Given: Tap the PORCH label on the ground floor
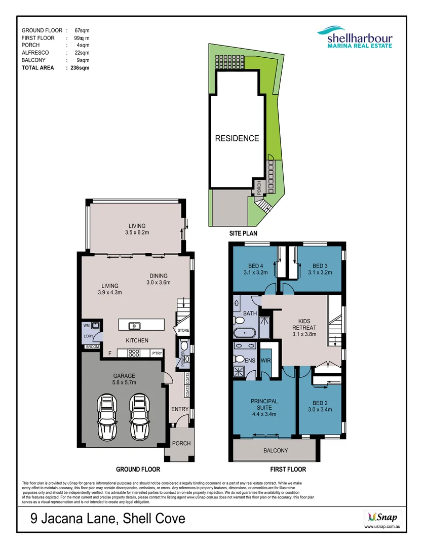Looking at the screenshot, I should (181, 443).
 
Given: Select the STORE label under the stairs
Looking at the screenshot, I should (183, 331).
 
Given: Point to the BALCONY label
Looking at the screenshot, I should (276, 450).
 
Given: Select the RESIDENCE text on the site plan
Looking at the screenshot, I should (237, 138).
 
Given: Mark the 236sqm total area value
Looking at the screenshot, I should (80, 67).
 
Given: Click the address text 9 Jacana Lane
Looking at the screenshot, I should (106, 519).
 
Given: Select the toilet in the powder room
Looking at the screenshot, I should (186, 346).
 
